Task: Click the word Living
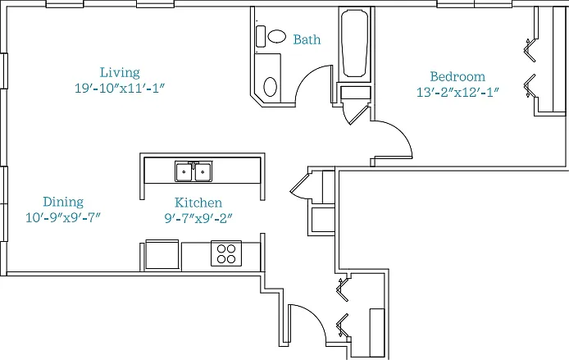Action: (120, 73)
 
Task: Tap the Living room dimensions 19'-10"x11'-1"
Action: (121, 89)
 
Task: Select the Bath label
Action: (307, 39)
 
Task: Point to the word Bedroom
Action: (457, 76)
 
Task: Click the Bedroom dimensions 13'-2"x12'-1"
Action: (457, 92)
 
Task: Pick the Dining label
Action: (63, 202)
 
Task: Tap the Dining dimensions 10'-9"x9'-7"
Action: (63, 218)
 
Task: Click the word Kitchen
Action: (198, 203)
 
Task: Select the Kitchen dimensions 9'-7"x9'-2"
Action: (198, 218)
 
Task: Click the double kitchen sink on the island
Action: (193, 171)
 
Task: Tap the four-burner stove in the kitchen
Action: (226, 253)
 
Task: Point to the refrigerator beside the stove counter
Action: (162, 254)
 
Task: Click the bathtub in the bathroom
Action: (355, 43)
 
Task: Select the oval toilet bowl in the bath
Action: (277, 36)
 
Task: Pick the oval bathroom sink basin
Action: (270, 87)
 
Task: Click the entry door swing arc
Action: (313, 316)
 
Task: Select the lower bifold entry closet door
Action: (342, 326)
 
